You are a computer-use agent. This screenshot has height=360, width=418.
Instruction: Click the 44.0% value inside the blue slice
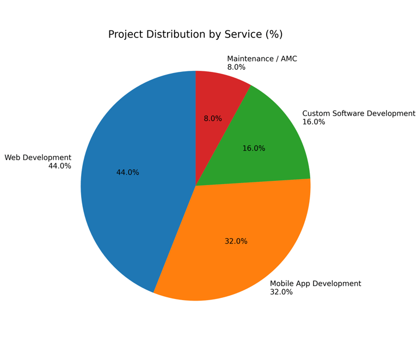click(127, 173)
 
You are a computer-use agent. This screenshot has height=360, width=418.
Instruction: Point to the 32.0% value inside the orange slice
click(236, 241)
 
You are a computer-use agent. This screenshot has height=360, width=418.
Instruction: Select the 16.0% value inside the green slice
click(254, 149)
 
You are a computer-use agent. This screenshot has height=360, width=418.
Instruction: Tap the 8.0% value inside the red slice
click(213, 119)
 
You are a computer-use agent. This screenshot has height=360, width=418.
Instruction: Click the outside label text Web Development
click(38, 158)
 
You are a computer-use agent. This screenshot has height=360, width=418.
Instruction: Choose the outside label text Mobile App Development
click(315, 284)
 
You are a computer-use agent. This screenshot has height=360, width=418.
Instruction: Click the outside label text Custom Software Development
click(358, 114)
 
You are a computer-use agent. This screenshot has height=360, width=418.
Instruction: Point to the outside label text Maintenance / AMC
click(262, 59)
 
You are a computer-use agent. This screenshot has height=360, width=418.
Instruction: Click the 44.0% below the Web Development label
click(60, 166)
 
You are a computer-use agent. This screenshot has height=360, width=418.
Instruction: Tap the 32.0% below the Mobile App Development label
click(281, 292)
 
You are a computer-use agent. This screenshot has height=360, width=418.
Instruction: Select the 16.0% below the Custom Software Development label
click(313, 122)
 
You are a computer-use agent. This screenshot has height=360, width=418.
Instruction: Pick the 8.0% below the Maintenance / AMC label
click(236, 68)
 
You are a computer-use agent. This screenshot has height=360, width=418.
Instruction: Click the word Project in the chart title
click(126, 35)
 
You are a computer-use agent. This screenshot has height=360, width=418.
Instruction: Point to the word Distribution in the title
click(176, 35)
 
